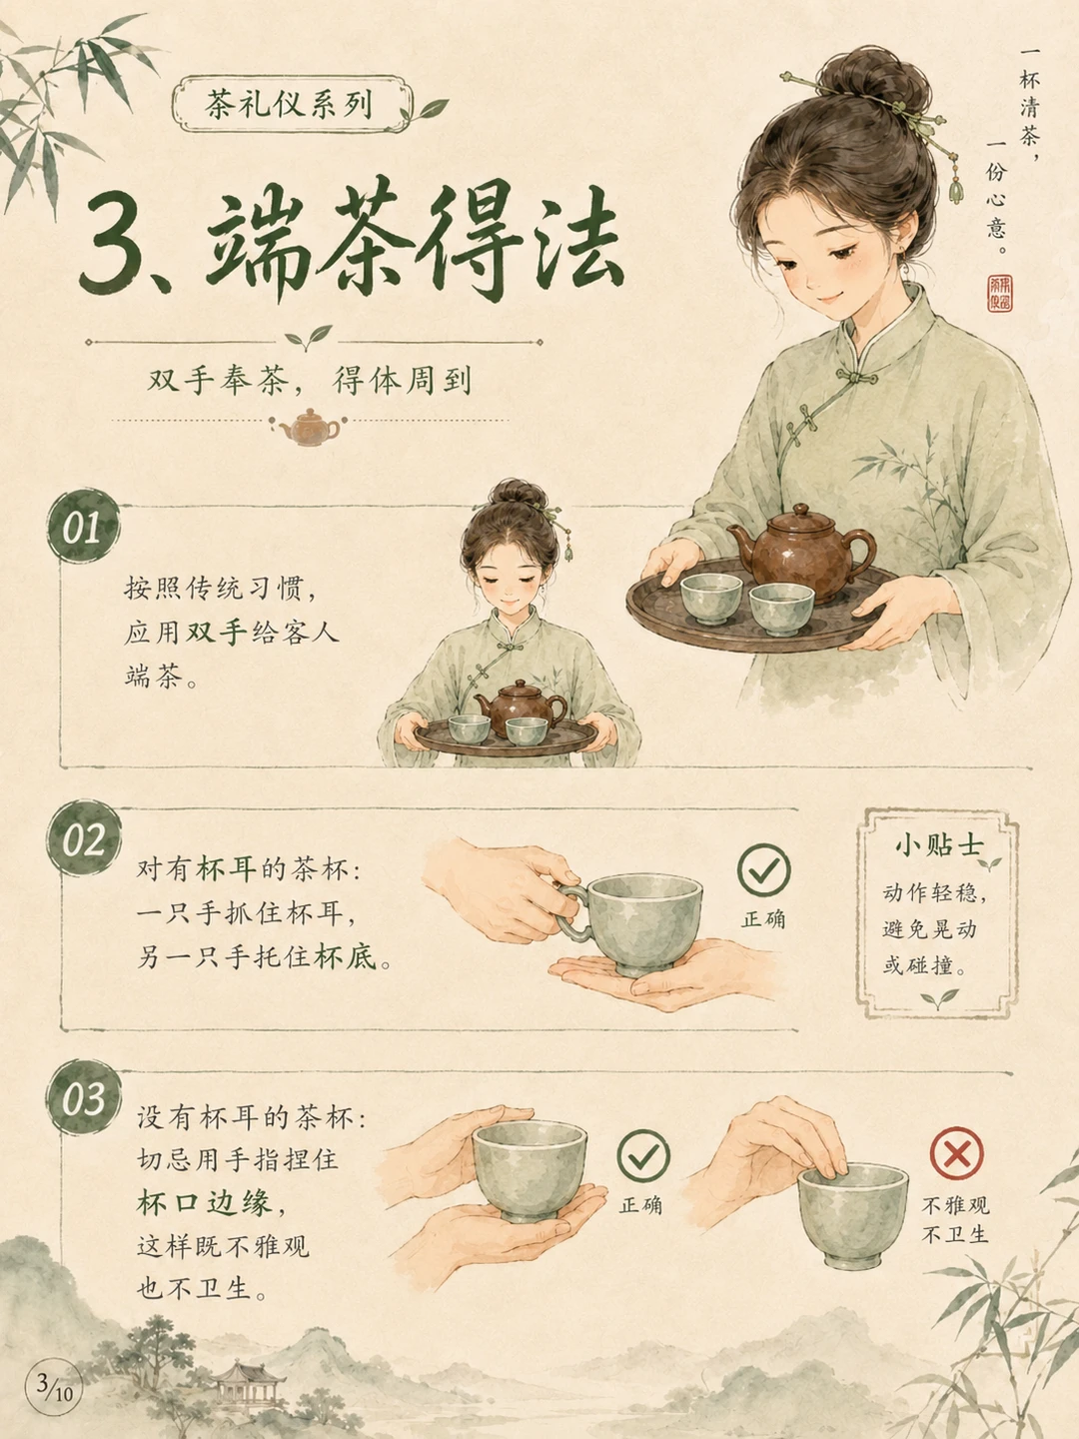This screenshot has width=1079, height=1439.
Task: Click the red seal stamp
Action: (x=999, y=293)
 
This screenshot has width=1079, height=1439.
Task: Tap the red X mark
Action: (x=956, y=1152)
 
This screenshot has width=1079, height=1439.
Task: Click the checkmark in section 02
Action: (x=763, y=869)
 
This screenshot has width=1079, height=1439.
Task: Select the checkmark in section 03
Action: (x=643, y=1156)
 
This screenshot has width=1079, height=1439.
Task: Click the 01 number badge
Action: (x=84, y=527)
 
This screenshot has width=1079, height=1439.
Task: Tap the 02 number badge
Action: (x=84, y=837)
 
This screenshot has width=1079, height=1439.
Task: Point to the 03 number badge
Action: (x=84, y=1097)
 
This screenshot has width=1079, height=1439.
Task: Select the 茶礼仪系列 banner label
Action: (x=292, y=104)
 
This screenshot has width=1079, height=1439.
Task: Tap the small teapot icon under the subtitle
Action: (x=310, y=427)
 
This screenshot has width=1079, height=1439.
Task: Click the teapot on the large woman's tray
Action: (x=801, y=552)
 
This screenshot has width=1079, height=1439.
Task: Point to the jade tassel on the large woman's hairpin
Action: (x=956, y=187)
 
